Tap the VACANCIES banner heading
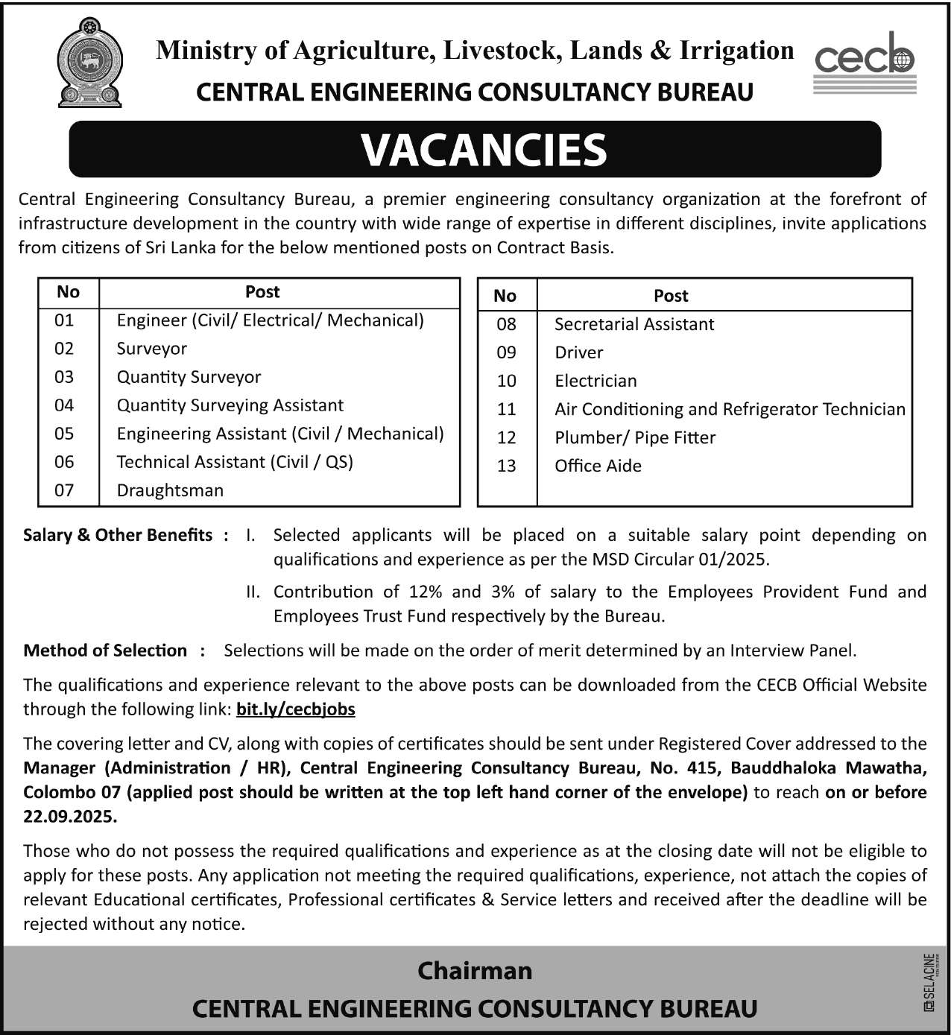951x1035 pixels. click(484, 150)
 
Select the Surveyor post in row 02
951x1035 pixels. click(152, 349)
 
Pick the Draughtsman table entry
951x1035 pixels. click(170, 490)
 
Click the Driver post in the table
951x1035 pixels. click(579, 352)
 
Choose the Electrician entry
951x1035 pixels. click(595, 381)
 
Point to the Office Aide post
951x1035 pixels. click(598, 466)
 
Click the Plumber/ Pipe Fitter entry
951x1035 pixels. click(635, 437)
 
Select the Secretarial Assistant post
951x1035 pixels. click(634, 324)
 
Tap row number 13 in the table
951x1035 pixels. click(506, 466)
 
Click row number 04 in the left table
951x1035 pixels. click(64, 405)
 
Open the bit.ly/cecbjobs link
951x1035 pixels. click(296, 709)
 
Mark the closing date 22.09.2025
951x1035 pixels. click(69, 817)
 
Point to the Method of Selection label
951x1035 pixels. click(105, 651)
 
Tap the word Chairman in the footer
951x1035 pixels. click(475, 970)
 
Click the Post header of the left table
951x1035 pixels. click(262, 292)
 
